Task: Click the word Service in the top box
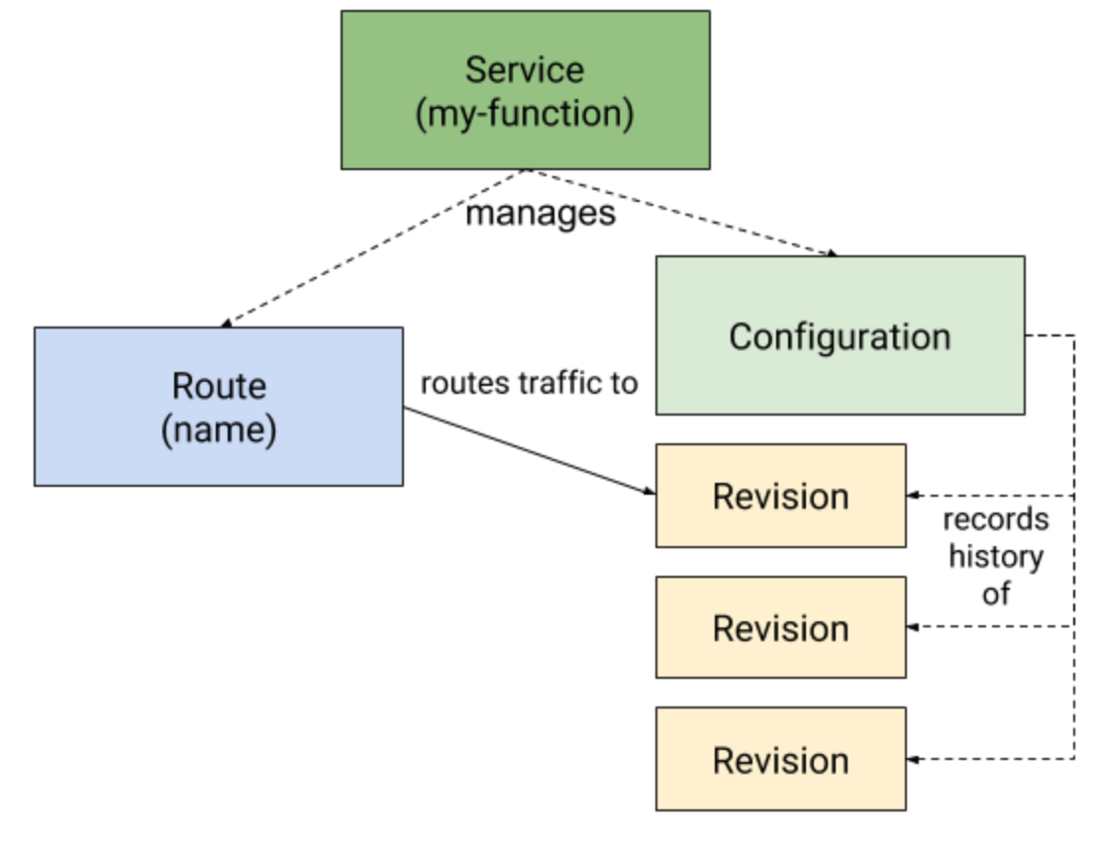tap(525, 70)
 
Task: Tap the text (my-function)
tap(525, 114)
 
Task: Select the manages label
tap(541, 213)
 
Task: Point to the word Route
tap(219, 386)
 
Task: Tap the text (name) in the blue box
tap(219, 431)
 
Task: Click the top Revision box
tap(780, 496)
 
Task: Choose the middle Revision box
tap(780, 628)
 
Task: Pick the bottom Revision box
tap(780, 760)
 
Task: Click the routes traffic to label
tap(529, 383)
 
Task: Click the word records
tap(994, 519)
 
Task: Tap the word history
tap(995, 556)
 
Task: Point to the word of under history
tap(995, 593)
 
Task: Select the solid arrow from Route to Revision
tap(525, 450)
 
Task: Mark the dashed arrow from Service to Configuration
tap(683, 213)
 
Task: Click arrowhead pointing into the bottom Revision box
tap(914, 759)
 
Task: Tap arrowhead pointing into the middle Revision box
tap(914, 626)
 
